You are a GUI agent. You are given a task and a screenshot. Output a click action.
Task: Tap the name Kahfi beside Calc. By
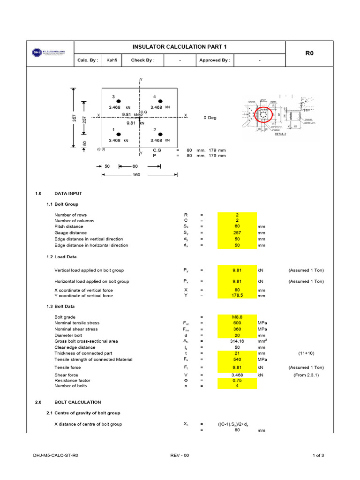[x=112, y=60]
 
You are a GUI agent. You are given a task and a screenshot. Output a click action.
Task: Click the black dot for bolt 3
[x=119, y=101]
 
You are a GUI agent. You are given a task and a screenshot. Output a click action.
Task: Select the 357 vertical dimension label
[x=74, y=118]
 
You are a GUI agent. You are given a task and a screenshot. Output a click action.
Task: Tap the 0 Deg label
[x=210, y=118]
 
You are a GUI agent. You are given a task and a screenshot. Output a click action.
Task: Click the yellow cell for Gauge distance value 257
[x=237, y=233]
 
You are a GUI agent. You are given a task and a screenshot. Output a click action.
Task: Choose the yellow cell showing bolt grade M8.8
[x=237, y=317]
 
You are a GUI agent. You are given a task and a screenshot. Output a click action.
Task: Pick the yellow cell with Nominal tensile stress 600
[x=237, y=323]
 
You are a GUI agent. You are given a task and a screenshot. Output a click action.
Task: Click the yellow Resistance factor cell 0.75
[x=237, y=380]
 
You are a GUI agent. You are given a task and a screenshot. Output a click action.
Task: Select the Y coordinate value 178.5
[x=237, y=296]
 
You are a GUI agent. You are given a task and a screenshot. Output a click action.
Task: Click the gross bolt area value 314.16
[x=237, y=342]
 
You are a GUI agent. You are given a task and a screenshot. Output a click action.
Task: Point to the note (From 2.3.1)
[x=306, y=375]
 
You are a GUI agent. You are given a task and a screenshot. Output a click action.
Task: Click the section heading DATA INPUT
[x=68, y=193]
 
